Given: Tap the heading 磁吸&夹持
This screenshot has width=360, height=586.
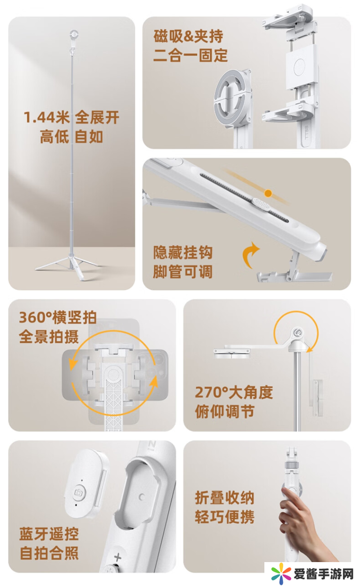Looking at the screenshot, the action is (x=188, y=36).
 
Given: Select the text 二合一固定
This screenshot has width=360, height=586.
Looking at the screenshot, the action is (x=190, y=55).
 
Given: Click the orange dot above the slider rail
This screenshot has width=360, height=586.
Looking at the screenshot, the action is (x=268, y=193).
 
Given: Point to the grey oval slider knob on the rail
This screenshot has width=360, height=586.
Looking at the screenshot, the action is (x=261, y=204).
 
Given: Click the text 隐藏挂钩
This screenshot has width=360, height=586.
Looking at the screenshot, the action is (x=183, y=253).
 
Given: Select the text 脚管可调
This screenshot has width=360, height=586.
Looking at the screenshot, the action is (x=183, y=272).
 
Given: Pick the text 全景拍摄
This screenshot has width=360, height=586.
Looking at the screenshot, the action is (x=49, y=336).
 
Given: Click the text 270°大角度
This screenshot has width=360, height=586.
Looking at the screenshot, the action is (x=234, y=392).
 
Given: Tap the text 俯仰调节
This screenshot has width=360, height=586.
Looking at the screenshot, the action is (x=225, y=411).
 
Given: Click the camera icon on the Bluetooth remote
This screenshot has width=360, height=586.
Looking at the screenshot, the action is (x=78, y=492).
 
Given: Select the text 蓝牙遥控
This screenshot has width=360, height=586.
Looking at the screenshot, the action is (x=49, y=534).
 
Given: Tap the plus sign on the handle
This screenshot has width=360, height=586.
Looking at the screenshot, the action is (x=118, y=557).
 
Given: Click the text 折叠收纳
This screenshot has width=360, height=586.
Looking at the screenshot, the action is (x=225, y=498).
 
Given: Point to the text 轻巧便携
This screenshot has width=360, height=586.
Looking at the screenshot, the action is (x=225, y=517).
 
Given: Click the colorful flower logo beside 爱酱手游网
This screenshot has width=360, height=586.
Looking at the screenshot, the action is (x=281, y=574).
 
